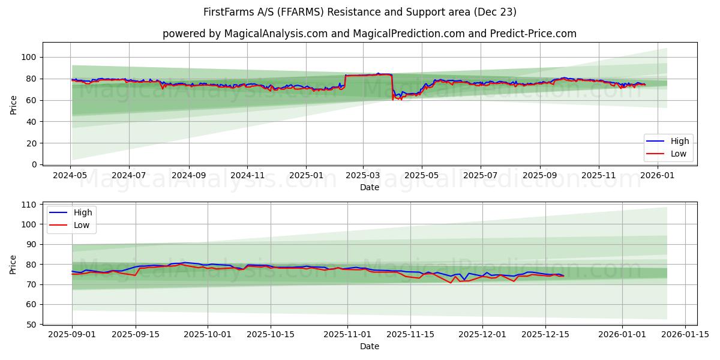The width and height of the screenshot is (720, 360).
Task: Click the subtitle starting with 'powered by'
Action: pyautogui.click(x=369, y=34)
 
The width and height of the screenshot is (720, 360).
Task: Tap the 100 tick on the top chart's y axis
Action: pyautogui.click(x=29, y=57)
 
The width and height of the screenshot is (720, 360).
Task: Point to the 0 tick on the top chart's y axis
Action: pyautogui.click(x=34, y=164)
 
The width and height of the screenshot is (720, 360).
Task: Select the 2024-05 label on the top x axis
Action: pyautogui.click(x=71, y=176)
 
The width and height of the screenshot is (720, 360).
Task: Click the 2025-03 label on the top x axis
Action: pyautogui.click(x=362, y=176)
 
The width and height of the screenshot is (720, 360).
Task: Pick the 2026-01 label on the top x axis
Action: pyautogui.click(x=656, y=176)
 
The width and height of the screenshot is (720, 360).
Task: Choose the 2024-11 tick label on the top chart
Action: pyautogui.click(x=247, y=176)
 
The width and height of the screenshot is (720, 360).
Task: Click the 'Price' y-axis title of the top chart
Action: pyautogui.click(x=14, y=105)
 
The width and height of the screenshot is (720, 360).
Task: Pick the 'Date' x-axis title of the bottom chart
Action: pyautogui.click(x=369, y=346)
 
